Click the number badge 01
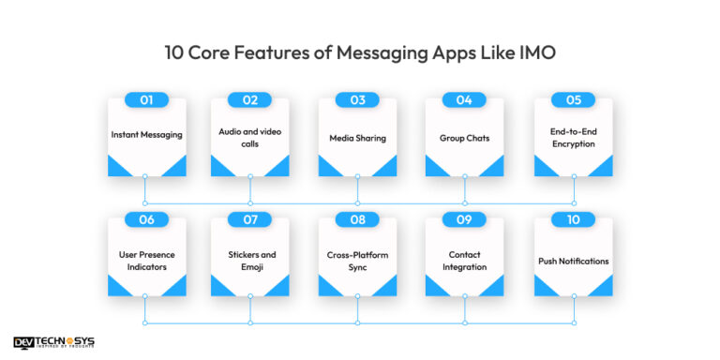145,99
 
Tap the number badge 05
573,99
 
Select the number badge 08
357,219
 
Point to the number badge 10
573,219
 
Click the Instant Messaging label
146,135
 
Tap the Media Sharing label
357,138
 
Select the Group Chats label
465,138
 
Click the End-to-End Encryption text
573,139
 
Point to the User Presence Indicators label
146,261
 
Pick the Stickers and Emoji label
250,261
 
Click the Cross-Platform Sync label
357,261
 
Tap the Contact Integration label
465,261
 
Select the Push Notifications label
573,261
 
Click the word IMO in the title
538,53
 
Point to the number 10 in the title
173,53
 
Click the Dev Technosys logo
54,343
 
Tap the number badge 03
357,99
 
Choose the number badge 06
145,219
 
